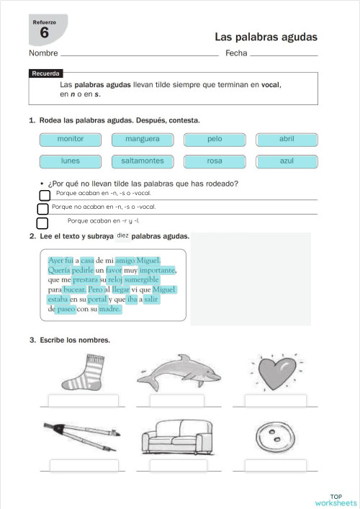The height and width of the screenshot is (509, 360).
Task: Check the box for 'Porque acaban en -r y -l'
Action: [42, 222]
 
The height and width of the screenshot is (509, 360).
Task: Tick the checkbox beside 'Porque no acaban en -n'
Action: [42, 209]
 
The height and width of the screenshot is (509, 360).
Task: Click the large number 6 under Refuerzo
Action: [45, 33]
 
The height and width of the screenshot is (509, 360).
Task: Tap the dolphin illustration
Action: [176, 371]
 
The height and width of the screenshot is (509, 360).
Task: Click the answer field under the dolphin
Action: [176, 402]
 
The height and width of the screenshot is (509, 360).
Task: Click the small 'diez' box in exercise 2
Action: [122, 235]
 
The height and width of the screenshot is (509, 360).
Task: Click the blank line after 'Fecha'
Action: [284, 54]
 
